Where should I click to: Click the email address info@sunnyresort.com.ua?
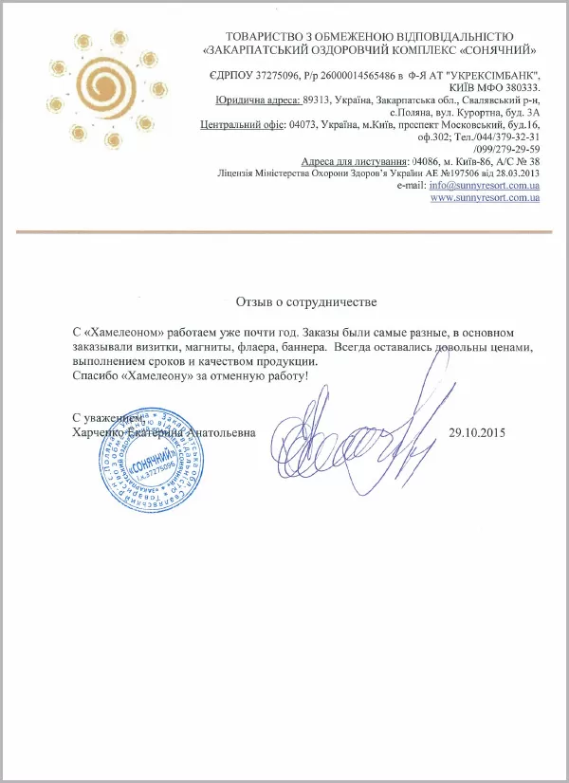pyautogui.click(x=485, y=185)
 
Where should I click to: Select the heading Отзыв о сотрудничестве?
pyautogui.click(x=306, y=302)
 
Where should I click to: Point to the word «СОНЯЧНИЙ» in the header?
pyautogui.click(x=502, y=48)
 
